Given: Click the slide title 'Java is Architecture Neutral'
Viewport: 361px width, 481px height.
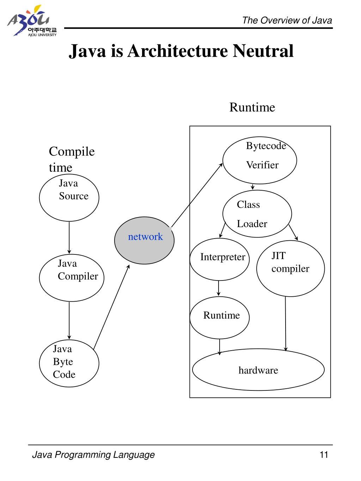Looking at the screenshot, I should point(181,51).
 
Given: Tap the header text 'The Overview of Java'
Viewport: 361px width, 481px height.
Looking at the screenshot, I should point(287,20).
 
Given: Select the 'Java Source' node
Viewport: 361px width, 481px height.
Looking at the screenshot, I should point(69,198).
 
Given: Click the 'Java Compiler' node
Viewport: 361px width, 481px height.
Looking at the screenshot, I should point(72,277).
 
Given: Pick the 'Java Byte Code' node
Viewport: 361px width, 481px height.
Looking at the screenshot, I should point(69,363).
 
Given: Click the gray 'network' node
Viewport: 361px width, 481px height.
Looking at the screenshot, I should point(145,240).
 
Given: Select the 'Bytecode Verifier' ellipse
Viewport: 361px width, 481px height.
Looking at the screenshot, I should point(259,160).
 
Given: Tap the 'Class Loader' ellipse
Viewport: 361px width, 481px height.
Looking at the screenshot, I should point(257,214).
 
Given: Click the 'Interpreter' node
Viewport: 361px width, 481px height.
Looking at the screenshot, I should point(220,259).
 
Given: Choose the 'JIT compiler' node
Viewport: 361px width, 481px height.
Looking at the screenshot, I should point(290,268).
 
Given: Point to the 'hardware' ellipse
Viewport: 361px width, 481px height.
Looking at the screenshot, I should point(258,370).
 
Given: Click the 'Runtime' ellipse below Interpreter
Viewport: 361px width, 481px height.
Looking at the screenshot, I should point(220,317).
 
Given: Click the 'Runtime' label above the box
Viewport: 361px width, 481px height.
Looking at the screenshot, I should point(252,107).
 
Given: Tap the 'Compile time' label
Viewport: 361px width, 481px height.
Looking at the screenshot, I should point(72,159).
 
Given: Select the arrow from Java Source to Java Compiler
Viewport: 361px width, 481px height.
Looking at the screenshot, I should point(69,237).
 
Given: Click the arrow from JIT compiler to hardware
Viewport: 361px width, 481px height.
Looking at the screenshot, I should point(286,323).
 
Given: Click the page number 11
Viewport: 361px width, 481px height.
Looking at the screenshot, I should point(324,455).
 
